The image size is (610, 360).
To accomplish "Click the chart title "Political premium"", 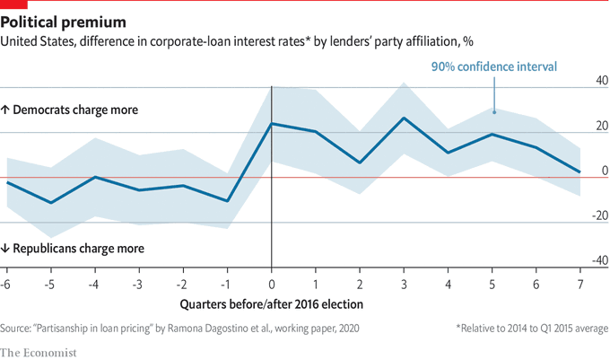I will pos(64,21).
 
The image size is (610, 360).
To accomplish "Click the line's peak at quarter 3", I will pos(405,118).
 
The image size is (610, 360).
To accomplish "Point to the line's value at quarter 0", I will pos(272,123).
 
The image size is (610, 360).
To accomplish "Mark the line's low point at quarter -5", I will pos(50,203).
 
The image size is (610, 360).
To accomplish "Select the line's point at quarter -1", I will pos(228,200).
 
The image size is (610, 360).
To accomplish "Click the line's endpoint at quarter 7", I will pos(580,171).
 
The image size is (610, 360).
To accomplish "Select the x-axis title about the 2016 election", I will pos(272,304).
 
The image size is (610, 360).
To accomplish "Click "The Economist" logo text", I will pos(39,349).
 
